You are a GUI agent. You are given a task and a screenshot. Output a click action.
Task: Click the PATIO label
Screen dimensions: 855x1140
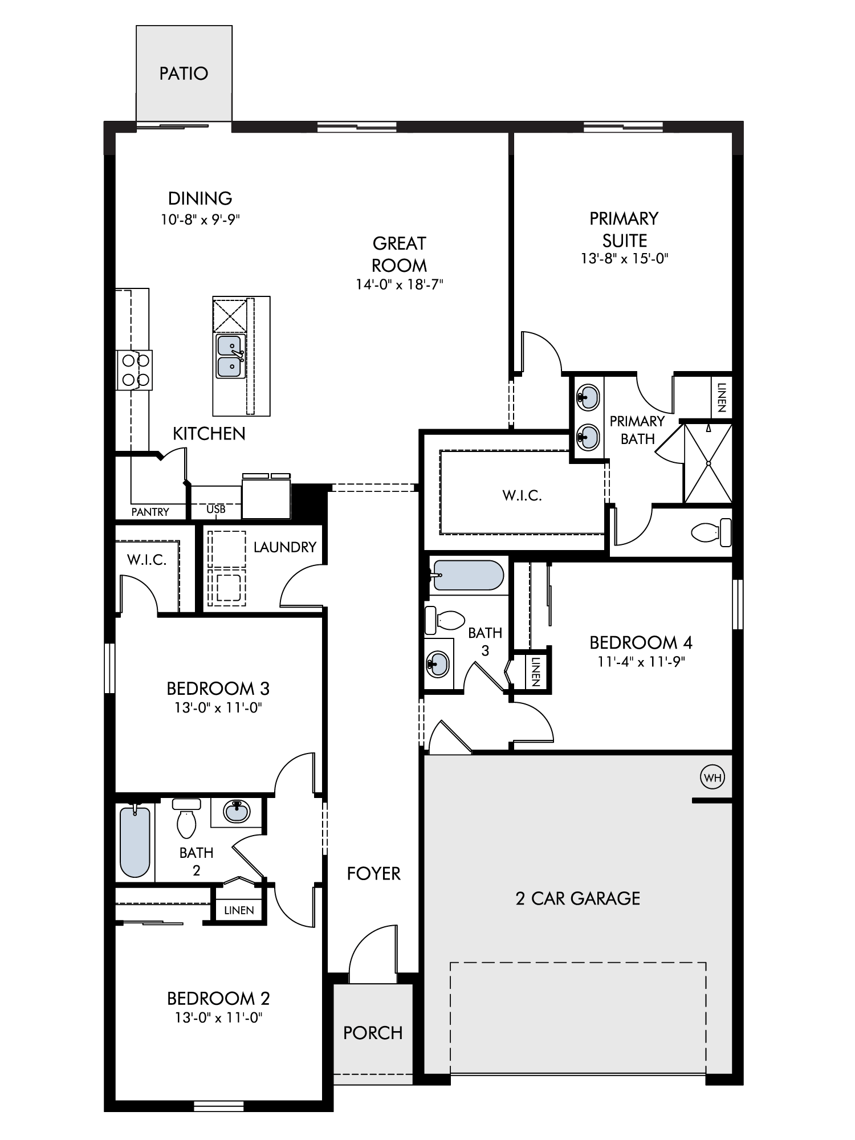pos(184,74)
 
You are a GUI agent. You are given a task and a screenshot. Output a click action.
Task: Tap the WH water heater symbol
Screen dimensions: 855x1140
pos(712,777)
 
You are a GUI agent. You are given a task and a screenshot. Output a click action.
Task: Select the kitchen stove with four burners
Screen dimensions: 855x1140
pos(135,370)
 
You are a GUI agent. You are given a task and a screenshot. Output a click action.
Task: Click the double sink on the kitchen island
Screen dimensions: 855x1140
pos(231,356)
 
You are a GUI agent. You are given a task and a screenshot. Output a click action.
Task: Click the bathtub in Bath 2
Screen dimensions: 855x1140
pos(136,841)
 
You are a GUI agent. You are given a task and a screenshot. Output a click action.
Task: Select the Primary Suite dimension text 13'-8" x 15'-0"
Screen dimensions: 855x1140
pos(624,258)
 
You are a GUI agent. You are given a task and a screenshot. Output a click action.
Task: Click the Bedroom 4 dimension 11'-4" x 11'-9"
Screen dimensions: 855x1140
pos(641,662)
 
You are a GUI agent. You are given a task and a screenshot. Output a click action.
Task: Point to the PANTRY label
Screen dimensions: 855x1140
pos(150,512)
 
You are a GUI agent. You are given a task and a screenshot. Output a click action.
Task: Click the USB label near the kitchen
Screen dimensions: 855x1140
pos(216,509)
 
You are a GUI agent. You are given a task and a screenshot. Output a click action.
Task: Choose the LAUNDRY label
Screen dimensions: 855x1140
pos(284,547)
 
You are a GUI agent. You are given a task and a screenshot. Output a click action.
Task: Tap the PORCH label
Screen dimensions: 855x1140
pos(373,1033)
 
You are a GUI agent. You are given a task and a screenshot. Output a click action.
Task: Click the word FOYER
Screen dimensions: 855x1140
pos(373,873)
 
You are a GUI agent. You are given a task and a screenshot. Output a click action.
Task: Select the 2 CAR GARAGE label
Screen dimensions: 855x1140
pos(577,898)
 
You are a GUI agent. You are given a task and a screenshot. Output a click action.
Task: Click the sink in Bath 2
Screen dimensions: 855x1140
pos(237,811)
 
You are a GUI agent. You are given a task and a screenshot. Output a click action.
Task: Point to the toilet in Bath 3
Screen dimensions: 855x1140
pos(445,620)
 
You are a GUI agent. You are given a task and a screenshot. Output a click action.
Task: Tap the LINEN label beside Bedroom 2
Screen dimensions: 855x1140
pos(239,910)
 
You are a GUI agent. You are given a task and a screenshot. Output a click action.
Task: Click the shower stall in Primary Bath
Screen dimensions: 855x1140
pos(707,463)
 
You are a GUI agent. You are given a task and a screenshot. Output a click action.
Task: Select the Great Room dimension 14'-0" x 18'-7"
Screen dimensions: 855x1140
pos(399,284)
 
